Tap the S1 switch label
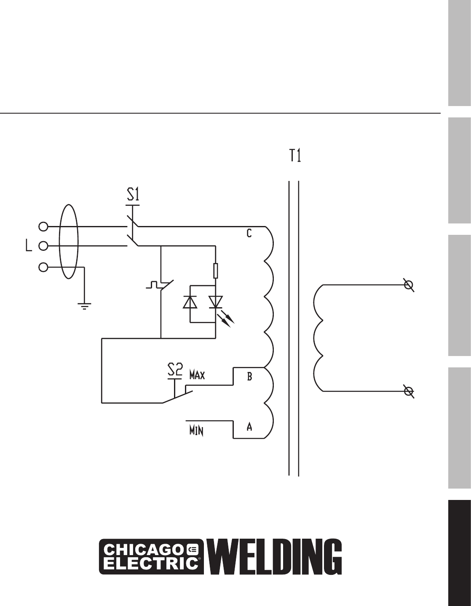coord(133,195)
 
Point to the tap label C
coord(249,233)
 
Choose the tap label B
coord(249,377)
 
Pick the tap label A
coord(249,427)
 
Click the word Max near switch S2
coord(197,375)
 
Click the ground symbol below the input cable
coord(85,306)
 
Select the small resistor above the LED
coord(216,271)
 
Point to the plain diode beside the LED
coord(190,302)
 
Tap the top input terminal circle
coord(43,227)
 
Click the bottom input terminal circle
coord(43,267)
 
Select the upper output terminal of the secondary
coord(408,285)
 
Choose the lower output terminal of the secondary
coord(408,391)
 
